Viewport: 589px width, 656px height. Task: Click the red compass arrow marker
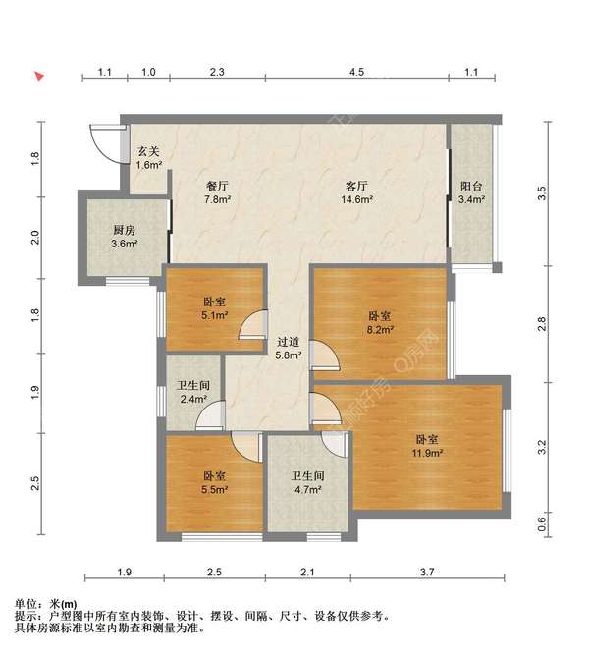click(x=39, y=77)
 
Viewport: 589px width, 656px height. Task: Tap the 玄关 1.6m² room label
click(x=149, y=158)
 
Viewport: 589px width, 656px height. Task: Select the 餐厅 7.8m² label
click(x=218, y=192)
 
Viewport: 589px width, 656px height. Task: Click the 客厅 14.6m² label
click(x=356, y=192)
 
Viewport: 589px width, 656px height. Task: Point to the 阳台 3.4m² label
click(x=471, y=192)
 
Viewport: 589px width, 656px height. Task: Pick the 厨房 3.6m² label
click(x=125, y=237)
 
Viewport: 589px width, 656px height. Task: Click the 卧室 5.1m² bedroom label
click(x=215, y=308)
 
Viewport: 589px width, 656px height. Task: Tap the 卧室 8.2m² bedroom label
click(x=380, y=322)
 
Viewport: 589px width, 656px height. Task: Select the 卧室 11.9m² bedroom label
click(x=427, y=446)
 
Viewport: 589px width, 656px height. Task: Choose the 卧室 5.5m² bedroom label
click(x=215, y=482)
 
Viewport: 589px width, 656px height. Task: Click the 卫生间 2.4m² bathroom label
click(x=192, y=392)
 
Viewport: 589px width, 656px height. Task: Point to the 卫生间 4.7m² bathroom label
click(x=308, y=482)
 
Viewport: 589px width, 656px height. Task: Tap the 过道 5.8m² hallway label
click(x=289, y=349)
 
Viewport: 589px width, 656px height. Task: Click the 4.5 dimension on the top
click(x=356, y=72)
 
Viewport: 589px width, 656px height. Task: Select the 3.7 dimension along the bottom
click(x=427, y=572)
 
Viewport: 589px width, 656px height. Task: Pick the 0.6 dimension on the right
click(x=541, y=523)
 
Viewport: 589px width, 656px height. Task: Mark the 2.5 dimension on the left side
click(x=35, y=483)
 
